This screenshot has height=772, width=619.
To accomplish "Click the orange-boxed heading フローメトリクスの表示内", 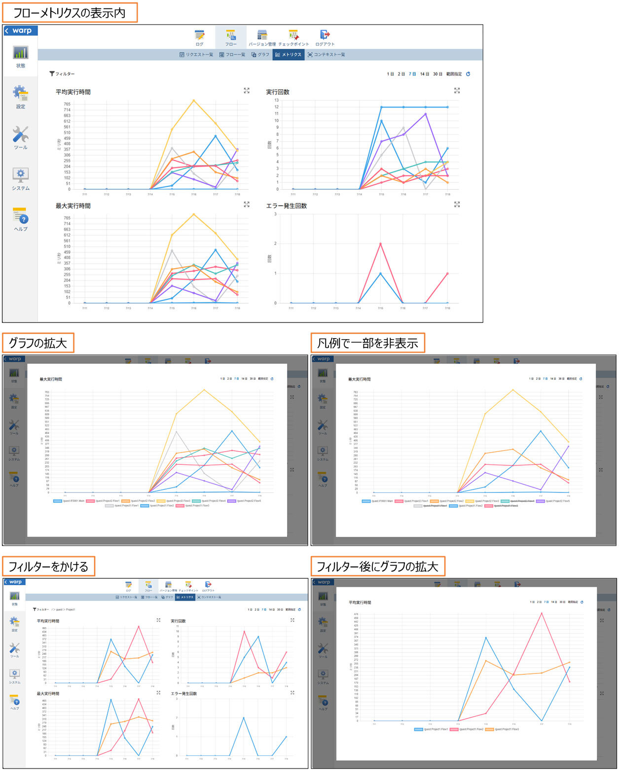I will [x=69, y=13].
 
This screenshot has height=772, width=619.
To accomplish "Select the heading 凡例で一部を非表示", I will [x=367, y=343].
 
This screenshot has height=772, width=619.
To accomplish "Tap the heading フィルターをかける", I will [x=48, y=566].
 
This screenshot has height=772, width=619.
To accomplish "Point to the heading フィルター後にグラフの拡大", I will [x=377, y=566].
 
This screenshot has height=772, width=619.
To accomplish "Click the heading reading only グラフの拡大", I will [x=38, y=343].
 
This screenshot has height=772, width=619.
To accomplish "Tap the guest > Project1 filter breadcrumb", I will [x=64, y=610].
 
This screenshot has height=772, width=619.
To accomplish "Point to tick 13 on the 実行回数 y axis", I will [x=277, y=100].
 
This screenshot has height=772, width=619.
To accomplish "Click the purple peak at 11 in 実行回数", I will [x=426, y=114].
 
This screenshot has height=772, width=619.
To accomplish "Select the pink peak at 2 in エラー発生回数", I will [x=380, y=244].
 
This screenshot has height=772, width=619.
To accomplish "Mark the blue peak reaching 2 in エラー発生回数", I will [x=244, y=718].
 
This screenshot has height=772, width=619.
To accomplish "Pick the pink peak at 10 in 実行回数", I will [x=244, y=632].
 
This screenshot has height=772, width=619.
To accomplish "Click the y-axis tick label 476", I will [x=356, y=614].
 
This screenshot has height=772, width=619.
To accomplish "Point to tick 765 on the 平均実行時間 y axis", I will [x=67, y=104].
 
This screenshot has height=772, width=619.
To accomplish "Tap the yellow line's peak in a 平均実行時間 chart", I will [x=194, y=101].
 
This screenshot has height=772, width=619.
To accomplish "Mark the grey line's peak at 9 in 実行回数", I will [x=403, y=128].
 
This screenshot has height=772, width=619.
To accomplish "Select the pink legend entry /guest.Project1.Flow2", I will [x=467, y=729].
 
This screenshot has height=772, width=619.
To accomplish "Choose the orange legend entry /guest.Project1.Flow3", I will [x=503, y=729].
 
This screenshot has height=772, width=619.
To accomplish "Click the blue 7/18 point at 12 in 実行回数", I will [x=447, y=107].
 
